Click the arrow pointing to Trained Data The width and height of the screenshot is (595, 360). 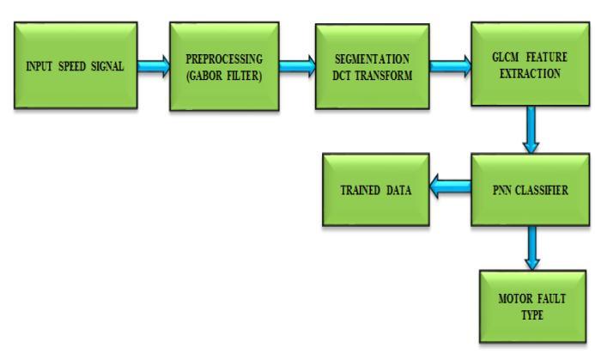(448, 189)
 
